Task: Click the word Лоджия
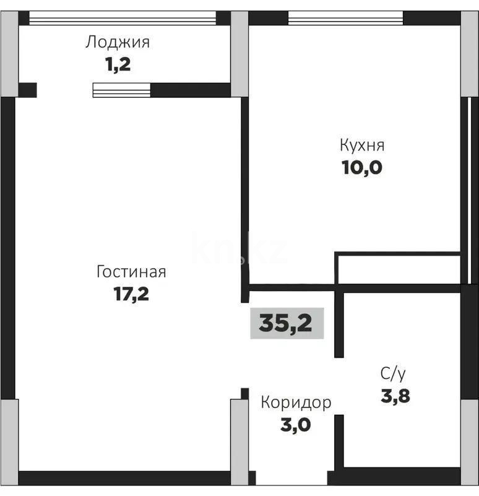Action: [118, 43]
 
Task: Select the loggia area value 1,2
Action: [118, 64]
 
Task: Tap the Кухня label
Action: [362, 146]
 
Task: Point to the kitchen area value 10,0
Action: [362, 168]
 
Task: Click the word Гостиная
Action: [131, 272]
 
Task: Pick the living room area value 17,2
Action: [131, 294]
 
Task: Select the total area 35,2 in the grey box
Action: [286, 323]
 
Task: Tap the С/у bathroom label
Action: [393, 373]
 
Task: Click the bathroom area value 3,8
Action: [395, 395]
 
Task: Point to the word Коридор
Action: [296, 402]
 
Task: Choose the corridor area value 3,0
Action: [295, 425]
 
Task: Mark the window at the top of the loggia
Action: [123, 18]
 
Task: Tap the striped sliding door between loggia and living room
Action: [122, 90]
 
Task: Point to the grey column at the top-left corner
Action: [9, 54]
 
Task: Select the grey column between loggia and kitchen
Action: [239, 54]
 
